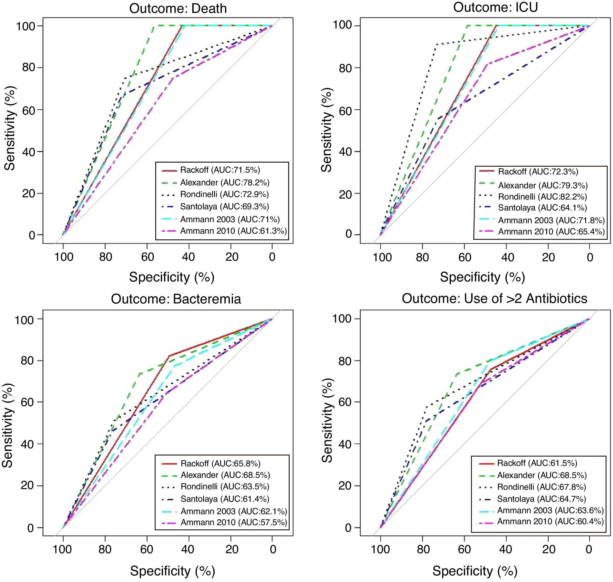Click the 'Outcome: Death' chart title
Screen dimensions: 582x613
pos(178,8)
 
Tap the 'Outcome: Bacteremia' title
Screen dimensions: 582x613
pos(176,299)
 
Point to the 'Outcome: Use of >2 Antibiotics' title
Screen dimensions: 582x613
pos(494,299)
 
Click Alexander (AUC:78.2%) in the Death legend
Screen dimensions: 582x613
pos(225,182)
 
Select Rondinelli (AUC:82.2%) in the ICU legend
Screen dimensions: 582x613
pos(542,196)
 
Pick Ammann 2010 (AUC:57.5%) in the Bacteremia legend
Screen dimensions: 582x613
pos(234,522)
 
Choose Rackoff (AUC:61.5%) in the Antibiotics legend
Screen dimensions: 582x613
pos(537,463)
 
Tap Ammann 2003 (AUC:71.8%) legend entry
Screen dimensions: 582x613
pos(551,220)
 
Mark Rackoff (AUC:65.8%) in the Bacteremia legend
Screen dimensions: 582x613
pos(220,463)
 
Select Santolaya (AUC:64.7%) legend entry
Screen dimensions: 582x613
pos(541,499)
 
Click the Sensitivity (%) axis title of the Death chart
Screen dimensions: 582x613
pos(10,128)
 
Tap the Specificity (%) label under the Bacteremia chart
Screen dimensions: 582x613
pos(172,571)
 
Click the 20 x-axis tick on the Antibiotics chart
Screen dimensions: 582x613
pos(548,549)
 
